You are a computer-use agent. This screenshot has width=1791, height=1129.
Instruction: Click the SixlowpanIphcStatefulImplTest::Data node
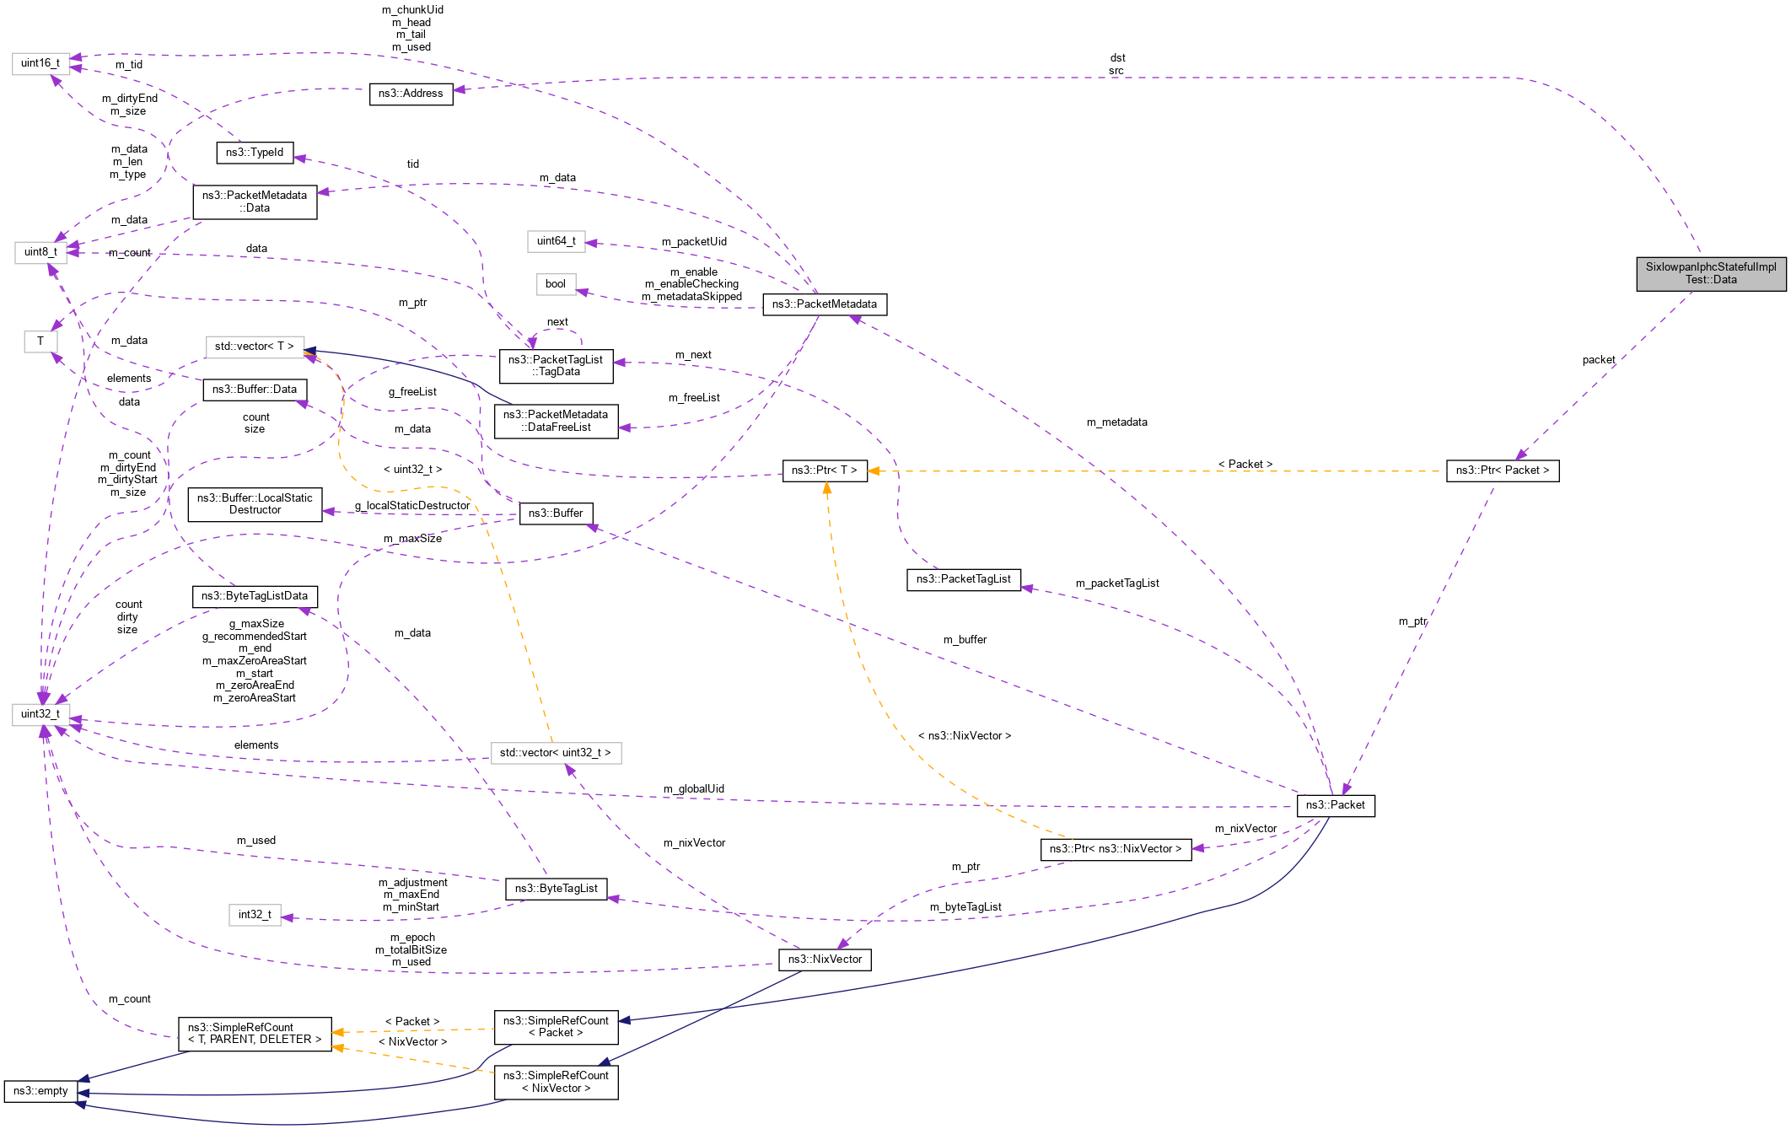(x=1711, y=273)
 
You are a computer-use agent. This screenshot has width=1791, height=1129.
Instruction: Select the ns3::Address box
(x=411, y=94)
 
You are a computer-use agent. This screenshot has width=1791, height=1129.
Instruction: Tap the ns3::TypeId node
(x=255, y=153)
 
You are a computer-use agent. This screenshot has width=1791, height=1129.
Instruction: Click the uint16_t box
(x=40, y=63)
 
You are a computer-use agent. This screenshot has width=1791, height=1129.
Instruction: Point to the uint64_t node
(x=556, y=241)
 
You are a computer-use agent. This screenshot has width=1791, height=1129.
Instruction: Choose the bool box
(x=556, y=284)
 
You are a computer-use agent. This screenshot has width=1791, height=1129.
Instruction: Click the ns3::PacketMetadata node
(x=824, y=304)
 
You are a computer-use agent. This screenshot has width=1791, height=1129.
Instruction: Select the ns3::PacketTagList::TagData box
(x=556, y=366)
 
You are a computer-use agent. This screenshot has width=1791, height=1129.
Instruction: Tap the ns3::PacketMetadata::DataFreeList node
(x=556, y=421)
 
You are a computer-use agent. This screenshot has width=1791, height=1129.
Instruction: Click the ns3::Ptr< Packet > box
(x=1502, y=470)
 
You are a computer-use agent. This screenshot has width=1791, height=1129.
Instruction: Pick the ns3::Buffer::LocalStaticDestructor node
(x=255, y=504)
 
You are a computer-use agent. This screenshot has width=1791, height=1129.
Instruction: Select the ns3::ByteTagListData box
(x=255, y=596)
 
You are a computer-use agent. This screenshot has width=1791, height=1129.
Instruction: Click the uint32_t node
(x=40, y=714)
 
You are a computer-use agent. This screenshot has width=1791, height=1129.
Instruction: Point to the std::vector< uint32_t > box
(x=556, y=753)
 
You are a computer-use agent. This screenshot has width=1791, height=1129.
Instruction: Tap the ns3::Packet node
(x=1335, y=805)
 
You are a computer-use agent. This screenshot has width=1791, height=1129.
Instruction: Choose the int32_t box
(x=255, y=915)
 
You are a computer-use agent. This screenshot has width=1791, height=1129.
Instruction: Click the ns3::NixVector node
(x=824, y=960)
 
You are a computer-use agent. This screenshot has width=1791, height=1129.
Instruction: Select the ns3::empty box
(x=40, y=1091)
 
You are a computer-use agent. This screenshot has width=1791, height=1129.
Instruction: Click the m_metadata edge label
(x=1116, y=422)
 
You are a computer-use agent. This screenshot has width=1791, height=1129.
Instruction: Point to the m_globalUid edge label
(x=693, y=789)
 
